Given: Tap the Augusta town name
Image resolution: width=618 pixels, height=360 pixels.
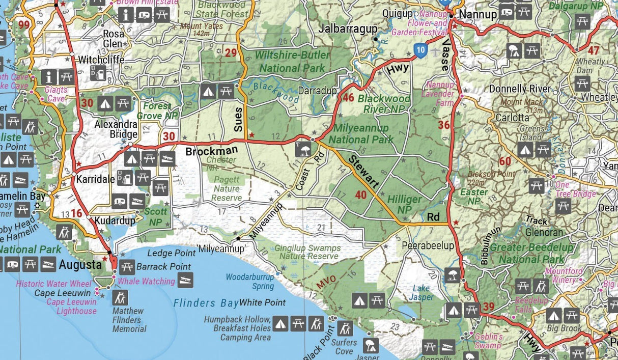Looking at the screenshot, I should pos(80,264).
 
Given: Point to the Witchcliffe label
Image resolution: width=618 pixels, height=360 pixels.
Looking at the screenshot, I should pos(101,60).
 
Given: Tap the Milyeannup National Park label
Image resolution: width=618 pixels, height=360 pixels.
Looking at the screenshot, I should pos(361,133).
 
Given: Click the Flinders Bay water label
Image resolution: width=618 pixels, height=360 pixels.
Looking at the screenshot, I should pos(206,303).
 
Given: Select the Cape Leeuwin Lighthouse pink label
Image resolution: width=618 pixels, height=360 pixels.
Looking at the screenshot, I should pos(71,306).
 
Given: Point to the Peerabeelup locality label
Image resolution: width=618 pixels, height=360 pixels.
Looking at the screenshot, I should pos(428,245).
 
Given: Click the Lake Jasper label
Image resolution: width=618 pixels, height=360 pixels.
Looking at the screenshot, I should pos(421,292).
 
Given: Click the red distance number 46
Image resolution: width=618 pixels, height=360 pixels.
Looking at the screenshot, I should pos(349,98).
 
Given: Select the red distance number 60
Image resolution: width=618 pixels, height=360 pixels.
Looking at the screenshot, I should pos(504,162).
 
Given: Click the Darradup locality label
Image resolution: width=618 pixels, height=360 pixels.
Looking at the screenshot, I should pos(318,91).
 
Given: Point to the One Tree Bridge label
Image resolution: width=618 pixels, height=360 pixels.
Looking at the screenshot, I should pos(575,189).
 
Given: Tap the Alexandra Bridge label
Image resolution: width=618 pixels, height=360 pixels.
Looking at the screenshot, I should pos(116,129).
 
